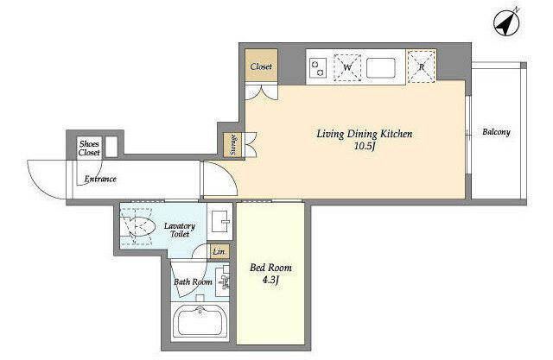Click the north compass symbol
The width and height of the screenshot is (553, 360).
506,23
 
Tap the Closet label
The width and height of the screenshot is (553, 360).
261,66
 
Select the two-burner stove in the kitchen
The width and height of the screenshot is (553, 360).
317,67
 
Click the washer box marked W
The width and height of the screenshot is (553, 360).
347,67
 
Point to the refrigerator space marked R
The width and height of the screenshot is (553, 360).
421,67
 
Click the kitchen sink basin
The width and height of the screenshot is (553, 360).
380,67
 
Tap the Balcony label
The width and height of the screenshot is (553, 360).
496,132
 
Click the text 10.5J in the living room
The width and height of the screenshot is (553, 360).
365,146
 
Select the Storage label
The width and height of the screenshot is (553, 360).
233,145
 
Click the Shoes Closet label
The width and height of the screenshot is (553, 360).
89,148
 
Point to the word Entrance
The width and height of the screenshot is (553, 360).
100,179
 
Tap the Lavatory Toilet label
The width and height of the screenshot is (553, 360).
180,230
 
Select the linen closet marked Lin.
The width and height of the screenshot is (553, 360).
219,251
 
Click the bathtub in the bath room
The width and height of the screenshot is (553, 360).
200,321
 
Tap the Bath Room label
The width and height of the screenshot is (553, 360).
193,281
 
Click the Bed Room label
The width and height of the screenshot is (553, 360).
270,268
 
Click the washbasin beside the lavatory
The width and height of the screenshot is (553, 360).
219,221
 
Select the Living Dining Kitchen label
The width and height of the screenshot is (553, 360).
365,134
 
